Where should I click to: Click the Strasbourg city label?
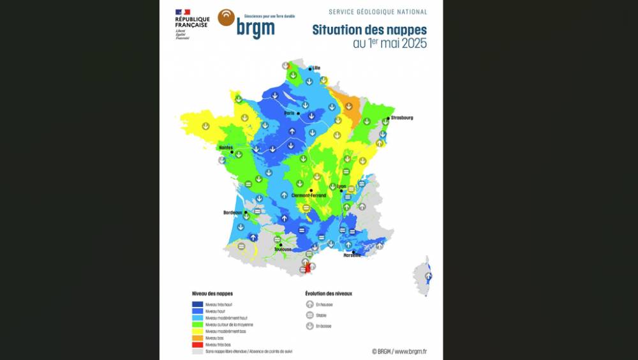tap(402, 117)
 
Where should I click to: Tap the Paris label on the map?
tap(289, 113)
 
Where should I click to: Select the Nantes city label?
tap(225, 147)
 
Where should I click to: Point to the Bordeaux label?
tap(232, 213)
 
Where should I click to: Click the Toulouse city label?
tap(283, 249)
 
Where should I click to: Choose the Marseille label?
tap(352, 255)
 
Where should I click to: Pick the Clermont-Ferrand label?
tap(308, 195)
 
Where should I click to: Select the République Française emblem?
tap(182, 12)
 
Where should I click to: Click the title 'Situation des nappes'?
tap(369, 30)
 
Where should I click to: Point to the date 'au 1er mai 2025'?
tap(389, 44)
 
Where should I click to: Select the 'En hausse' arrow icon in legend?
tap(309, 304)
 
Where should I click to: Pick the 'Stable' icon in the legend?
tap(309, 315)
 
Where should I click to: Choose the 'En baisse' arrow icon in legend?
tap(309, 326)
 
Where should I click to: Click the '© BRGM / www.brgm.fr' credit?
tap(399, 351)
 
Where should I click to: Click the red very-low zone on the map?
tap(308, 269)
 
